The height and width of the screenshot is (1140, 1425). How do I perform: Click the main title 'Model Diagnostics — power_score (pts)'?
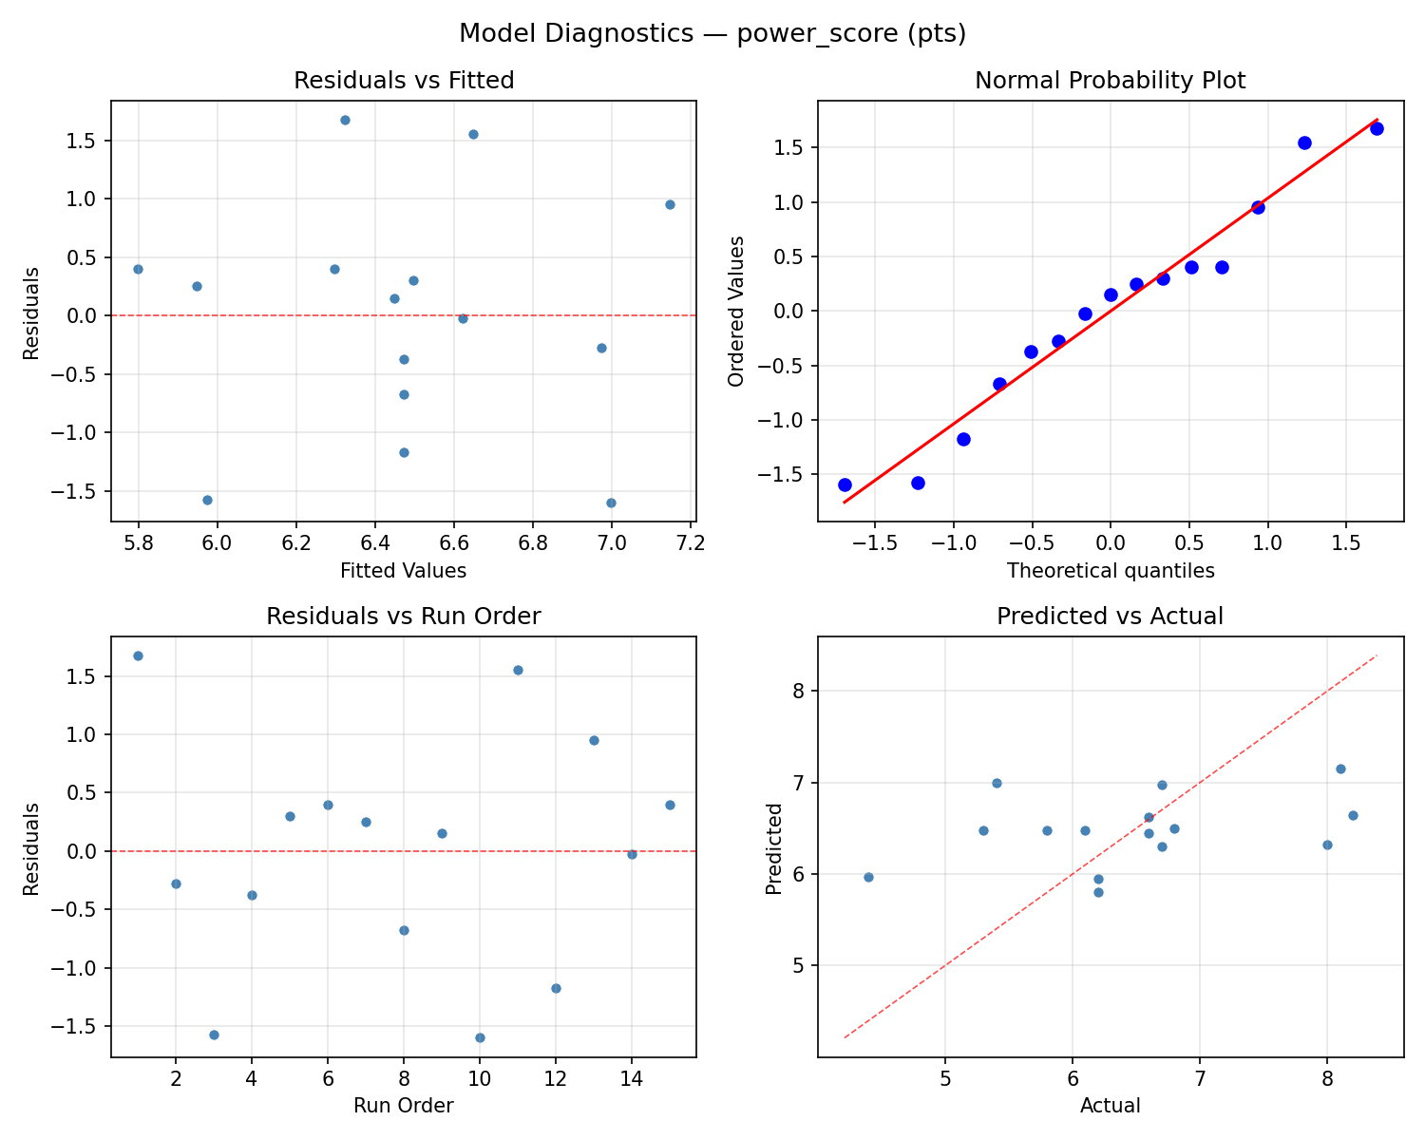[712, 34]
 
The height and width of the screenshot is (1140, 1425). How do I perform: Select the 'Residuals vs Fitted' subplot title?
[404, 81]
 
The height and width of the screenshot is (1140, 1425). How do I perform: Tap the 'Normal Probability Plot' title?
[1110, 81]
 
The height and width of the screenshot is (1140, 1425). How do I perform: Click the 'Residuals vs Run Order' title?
[404, 617]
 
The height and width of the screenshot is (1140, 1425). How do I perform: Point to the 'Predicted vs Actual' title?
[1110, 617]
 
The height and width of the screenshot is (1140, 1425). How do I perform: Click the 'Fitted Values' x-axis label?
[404, 571]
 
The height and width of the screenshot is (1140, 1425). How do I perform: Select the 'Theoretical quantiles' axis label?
[1110, 571]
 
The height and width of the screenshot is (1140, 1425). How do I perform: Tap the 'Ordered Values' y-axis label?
[735, 311]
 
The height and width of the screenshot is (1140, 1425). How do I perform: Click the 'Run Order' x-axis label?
[404, 1106]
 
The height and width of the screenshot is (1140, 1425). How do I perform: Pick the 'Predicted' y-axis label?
[774, 847]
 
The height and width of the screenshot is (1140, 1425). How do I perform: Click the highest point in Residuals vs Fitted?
[345, 120]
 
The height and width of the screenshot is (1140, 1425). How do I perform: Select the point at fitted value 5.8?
[138, 269]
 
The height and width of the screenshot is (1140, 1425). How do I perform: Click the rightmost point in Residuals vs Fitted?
[670, 204]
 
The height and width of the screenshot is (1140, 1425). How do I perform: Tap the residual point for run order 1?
[138, 655]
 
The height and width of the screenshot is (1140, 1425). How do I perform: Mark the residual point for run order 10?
[480, 1037]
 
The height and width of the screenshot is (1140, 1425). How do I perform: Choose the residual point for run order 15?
[670, 805]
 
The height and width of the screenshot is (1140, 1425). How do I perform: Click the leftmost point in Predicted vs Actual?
[868, 877]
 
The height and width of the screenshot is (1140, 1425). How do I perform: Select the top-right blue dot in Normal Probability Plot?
[1377, 128]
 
